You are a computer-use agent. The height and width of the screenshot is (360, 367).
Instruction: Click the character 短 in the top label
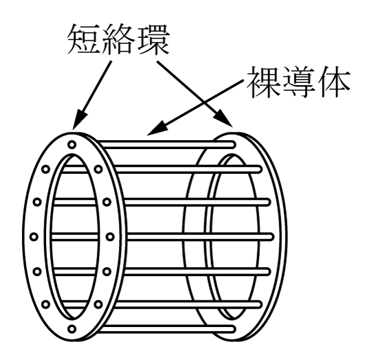tap(84, 39)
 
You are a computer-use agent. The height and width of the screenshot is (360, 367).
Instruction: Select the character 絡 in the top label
tap(118, 39)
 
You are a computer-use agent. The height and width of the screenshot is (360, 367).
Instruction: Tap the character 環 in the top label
tap(153, 39)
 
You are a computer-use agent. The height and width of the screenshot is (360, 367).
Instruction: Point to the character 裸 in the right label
tap(263, 82)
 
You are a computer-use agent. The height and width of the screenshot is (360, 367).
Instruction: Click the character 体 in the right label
tap(333, 82)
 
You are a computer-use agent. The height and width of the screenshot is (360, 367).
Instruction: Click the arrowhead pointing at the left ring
tap(79, 119)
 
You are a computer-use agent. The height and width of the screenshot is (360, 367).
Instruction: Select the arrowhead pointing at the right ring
tap(223, 117)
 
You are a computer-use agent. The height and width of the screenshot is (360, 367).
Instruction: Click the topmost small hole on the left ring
tap(72, 144)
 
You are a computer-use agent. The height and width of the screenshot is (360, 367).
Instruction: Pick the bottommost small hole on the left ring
tap(72, 328)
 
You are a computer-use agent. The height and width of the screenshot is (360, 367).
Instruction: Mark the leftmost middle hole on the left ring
tap(34, 237)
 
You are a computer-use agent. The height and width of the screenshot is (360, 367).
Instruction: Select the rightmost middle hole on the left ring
tap(110, 237)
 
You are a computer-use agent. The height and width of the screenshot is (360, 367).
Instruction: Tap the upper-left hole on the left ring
tap(45, 169)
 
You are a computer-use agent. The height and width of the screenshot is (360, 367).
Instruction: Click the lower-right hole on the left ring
tap(98, 304)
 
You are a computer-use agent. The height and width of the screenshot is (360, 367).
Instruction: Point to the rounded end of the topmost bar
tap(232, 144)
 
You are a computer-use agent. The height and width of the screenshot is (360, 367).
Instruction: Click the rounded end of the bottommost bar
tap(232, 329)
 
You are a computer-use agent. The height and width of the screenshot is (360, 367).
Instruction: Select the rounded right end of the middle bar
tap(270, 237)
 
